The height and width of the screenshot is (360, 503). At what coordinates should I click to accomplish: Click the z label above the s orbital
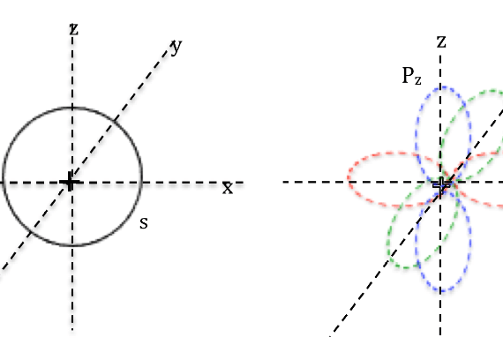click(74, 29)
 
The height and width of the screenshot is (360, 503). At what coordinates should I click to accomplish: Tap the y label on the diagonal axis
click(176, 48)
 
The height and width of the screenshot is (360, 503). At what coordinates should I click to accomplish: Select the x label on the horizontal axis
click(228, 188)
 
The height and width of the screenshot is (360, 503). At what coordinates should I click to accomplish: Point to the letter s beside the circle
click(144, 222)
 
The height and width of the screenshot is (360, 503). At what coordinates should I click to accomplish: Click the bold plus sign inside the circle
click(70, 182)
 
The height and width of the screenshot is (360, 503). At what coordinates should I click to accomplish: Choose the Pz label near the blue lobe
click(411, 76)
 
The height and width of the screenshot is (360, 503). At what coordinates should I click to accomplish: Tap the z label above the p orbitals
click(441, 41)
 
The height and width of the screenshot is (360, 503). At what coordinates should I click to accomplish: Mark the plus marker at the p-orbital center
click(441, 185)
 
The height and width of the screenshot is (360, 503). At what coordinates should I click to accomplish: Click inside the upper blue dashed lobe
click(444, 131)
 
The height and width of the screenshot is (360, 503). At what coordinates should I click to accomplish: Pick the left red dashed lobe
click(393, 179)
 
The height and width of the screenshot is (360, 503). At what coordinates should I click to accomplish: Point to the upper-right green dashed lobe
click(475, 131)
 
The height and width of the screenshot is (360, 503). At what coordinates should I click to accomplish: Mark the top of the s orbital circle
click(72, 108)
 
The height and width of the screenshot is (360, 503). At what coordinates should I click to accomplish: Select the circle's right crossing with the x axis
click(142, 183)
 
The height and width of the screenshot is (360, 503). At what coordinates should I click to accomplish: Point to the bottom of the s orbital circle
click(72, 246)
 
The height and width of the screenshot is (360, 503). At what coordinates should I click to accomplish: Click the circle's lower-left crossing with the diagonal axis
click(30, 232)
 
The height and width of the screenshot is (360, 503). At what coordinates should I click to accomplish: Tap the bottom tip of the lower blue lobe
click(443, 292)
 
